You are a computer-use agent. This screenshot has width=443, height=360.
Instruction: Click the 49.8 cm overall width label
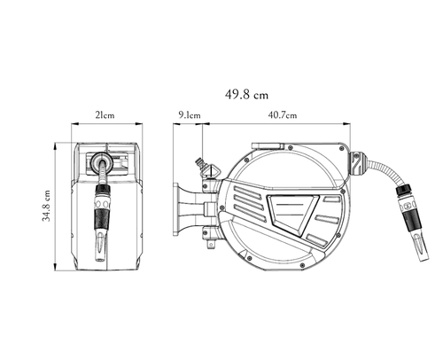tap(246, 95)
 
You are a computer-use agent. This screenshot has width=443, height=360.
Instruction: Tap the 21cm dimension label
tap(105, 115)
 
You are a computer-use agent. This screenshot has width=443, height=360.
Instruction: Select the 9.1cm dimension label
tap(190, 115)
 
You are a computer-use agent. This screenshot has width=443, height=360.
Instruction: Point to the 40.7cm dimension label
tap(283, 115)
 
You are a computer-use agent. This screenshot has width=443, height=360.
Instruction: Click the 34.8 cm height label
tap(46, 206)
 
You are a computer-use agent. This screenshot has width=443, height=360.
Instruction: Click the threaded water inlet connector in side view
tap(200, 163)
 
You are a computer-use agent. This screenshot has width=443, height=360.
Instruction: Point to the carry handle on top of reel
tap(268, 145)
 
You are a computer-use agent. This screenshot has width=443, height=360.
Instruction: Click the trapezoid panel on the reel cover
tap(292, 214)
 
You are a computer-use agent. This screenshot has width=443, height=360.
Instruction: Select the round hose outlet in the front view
tap(101, 161)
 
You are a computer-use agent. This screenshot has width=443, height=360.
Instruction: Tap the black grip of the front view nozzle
tap(101, 219)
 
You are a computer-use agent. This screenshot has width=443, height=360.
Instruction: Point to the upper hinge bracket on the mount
tap(210, 185)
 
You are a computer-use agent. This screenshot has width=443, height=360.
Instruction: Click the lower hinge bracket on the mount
tap(210, 233)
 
